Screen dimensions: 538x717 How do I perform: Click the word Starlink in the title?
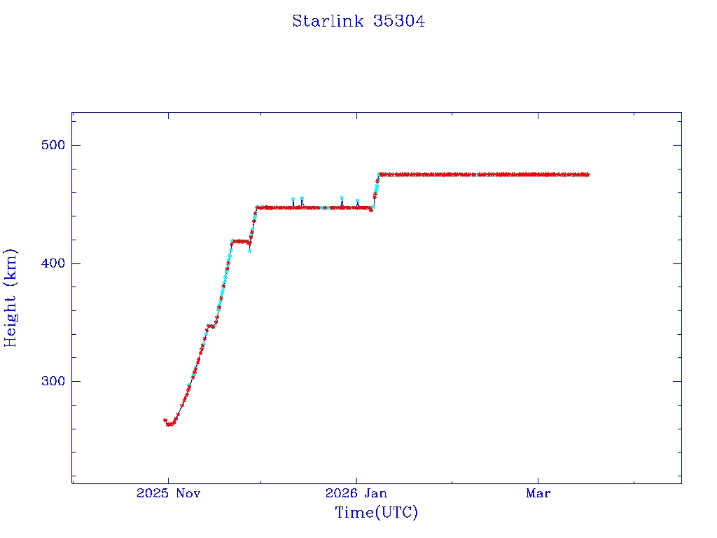pos(328,21)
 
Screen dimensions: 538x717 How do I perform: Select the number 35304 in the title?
pos(399,21)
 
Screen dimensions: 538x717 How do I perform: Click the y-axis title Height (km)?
pos(11,298)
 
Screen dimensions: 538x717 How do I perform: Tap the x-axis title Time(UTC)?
pos(376,513)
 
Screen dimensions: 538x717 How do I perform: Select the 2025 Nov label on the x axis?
pos(168,493)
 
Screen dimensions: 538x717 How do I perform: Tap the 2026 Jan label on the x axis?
pos(356,493)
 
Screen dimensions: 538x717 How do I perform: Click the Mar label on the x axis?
pos(538,493)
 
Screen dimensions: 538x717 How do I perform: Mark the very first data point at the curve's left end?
pos(165,420)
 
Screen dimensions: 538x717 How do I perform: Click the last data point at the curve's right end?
pos(587,174)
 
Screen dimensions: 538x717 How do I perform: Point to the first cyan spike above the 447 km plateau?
pos(293,200)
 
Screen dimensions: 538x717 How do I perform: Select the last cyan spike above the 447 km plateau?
pos(357,201)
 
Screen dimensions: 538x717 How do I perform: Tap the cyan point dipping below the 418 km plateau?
pos(250,250)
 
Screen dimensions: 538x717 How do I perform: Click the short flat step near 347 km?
pos(209,326)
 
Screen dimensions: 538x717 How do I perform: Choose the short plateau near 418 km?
pos(240,241)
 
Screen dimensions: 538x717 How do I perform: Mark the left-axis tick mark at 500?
pos(76,145)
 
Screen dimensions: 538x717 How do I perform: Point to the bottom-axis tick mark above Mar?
pos(538,480)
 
